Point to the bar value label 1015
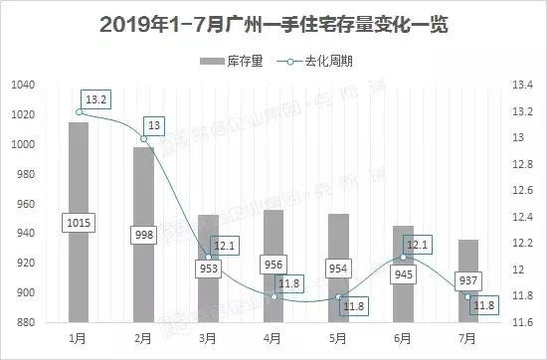pyautogui.click(x=79, y=222)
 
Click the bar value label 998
pyautogui.click(x=144, y=233)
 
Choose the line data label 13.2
pyautogui.click(x=95, y=98)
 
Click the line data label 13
pyautogui.click(x=155, y=125)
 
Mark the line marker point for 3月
pyautogui.click(x=209, y=257)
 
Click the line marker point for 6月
pyautogui.click(x=403, y=257)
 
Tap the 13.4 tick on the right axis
pyautogui.click(x=522, y=86)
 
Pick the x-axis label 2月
pyautogui.click(x=143, y=338)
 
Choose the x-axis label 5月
pyautogui.click(x=338, y=338)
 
